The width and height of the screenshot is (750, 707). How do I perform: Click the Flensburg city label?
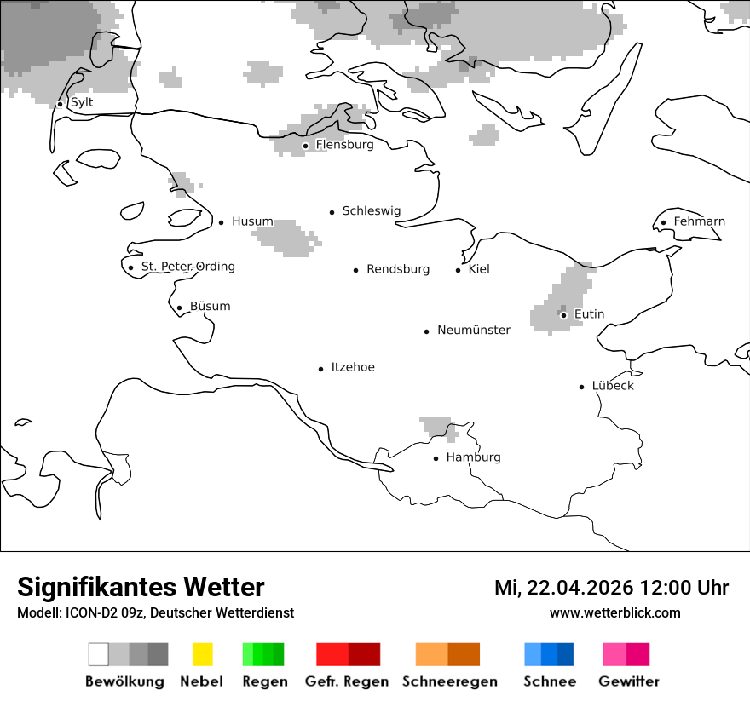point(344,145)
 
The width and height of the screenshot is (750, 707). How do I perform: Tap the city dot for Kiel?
point(459,270)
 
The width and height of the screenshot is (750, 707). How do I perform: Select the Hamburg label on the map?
point(473,457)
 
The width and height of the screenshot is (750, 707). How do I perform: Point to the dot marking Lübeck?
point(582,387)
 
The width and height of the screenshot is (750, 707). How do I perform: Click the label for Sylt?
point(82,102)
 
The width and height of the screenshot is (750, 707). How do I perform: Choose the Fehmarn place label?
point(699,221)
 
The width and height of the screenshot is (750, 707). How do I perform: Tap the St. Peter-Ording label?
point(187,267)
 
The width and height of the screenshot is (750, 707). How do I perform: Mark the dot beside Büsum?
point(179,308)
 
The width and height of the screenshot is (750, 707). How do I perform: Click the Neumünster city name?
point(474,330)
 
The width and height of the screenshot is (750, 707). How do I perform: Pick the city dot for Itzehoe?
point(321,369)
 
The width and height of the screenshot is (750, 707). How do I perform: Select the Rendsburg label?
point(398,269)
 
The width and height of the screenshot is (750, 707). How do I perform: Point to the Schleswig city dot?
point(332,212)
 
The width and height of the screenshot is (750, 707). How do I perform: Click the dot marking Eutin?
point(563,315)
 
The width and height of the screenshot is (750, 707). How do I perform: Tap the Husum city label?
point(252,221)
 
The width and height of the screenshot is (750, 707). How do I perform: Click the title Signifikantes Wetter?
point(141,587)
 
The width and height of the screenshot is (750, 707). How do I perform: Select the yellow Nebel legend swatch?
point(203,654)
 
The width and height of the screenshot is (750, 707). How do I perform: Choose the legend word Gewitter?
point(629,681)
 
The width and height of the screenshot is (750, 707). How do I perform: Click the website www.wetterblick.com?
point(615,612)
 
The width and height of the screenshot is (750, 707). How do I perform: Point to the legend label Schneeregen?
point(450,681)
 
